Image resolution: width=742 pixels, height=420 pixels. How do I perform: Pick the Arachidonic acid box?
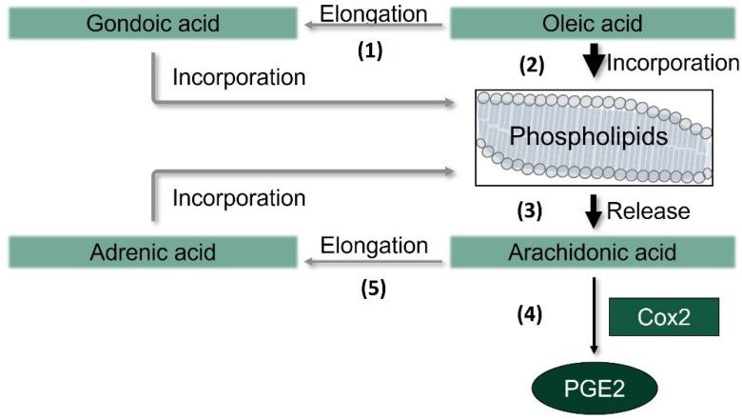pos(591,252)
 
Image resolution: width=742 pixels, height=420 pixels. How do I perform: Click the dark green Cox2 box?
pos(662,316)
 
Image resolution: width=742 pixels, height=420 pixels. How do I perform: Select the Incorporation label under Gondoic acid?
pos(239,77)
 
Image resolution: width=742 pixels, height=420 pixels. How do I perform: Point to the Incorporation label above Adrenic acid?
pos(239,198)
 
